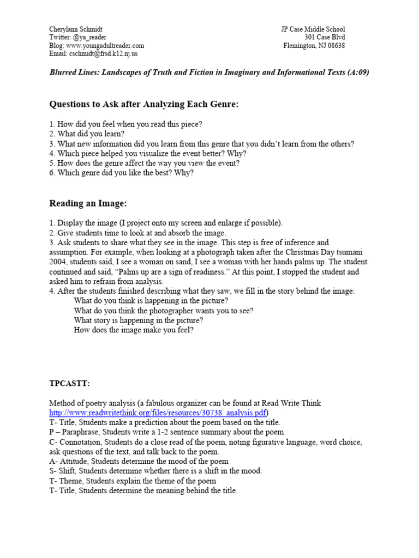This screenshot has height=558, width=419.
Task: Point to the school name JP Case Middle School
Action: point(313,29)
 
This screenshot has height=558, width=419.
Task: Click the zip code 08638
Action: point(334,46)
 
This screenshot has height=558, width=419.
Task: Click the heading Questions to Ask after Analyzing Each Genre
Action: point(144,104)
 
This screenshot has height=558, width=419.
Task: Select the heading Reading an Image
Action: point(88,203)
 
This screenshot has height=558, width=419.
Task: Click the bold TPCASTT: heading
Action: point(70,384)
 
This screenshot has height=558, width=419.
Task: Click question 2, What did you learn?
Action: point(87,134)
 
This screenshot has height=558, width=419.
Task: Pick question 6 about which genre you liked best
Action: point(121,173)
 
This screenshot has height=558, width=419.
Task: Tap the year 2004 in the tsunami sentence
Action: point(58,262)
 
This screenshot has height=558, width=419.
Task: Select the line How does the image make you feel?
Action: point(134,330)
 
